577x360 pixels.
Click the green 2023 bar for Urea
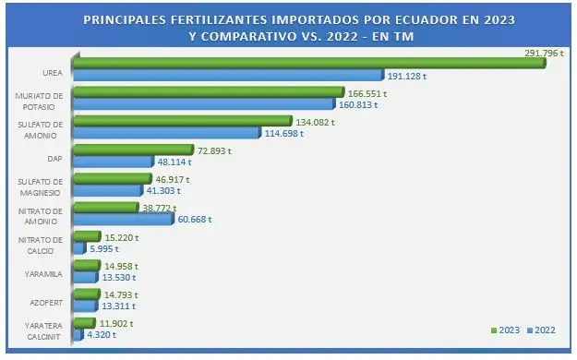click(295, 63)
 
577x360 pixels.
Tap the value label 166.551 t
click(365, 92)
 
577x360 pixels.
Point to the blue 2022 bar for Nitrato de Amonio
click(120, 219)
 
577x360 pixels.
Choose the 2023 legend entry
click(507, 330)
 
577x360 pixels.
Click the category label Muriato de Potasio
click(39, 100)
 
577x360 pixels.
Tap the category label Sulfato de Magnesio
click(39, 186)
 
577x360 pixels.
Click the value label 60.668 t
click(195, 220)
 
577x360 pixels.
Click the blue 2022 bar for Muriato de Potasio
click(202, 104)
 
